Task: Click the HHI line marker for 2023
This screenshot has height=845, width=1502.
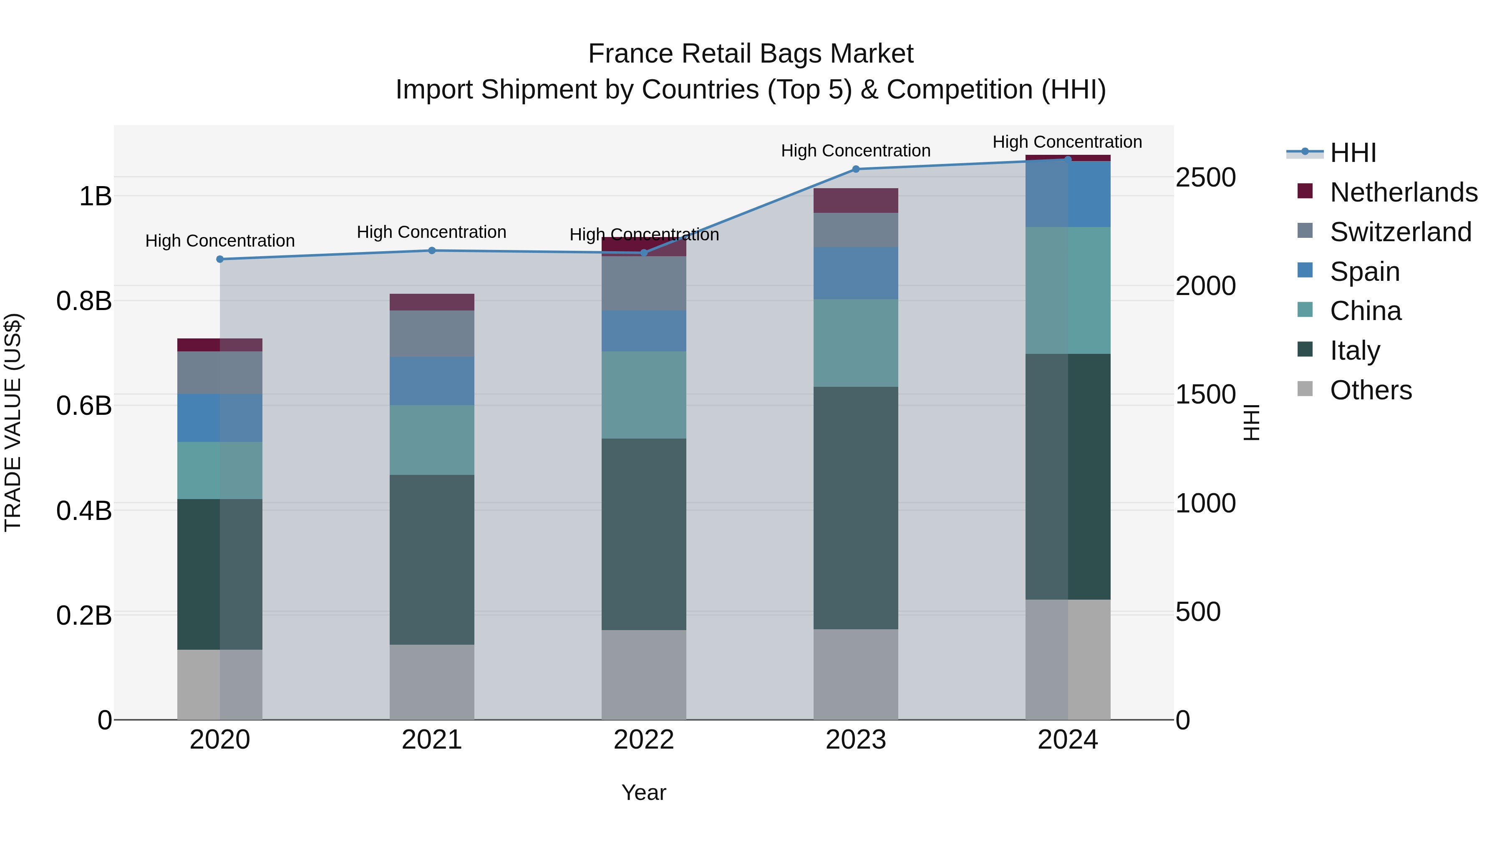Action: click(855, 169)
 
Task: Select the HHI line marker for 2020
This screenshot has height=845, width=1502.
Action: click(220, 259)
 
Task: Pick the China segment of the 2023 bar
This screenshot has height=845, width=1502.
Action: click(855, 343)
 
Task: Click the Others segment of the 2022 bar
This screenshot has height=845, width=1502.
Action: click(644, 674)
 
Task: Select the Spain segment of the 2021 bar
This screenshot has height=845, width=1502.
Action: click(431, 381)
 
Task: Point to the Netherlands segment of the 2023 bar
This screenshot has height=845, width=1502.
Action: click(855, 201)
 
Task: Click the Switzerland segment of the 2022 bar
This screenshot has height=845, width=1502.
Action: click(644, 283)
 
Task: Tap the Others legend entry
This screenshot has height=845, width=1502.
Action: click(1370, 390)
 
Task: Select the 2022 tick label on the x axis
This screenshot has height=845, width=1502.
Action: click(644, 740)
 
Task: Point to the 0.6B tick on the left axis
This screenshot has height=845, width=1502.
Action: click(83, 405)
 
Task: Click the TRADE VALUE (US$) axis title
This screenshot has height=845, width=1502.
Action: click(13, 422)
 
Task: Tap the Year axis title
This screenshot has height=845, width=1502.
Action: click(644, 792)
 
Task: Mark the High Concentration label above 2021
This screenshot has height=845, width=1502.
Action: click(431, 232)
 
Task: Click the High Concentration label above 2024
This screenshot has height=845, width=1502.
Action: click(1067, 142)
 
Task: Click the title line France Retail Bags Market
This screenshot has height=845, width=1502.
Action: click(751, 54)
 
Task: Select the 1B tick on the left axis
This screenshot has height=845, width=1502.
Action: click(95, 196)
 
